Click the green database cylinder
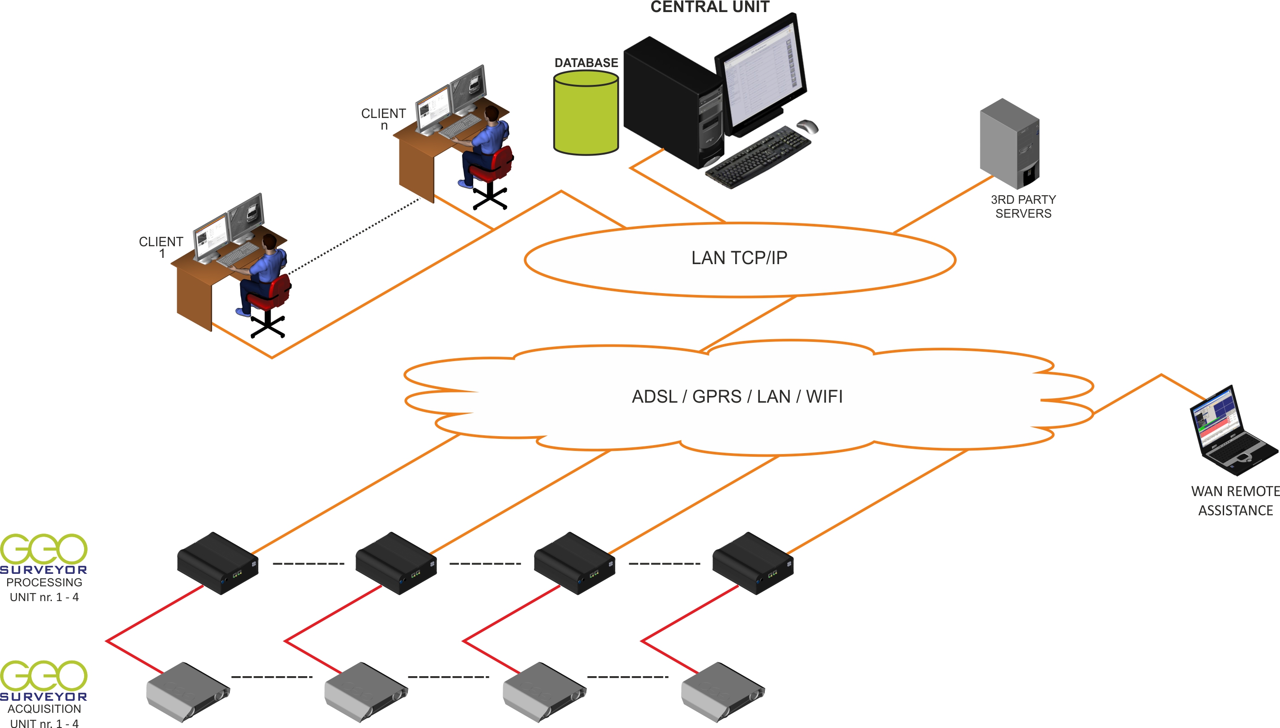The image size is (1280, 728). pos(586,113)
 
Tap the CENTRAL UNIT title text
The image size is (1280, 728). pos(710,7)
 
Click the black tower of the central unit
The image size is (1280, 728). pos(674,102)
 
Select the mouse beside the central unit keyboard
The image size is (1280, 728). pos(807,126)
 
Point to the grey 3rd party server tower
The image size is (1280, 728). pos(1009,143)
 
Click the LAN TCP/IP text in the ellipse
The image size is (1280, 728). pos(739,258)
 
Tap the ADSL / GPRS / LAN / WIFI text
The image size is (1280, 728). pos(737,396)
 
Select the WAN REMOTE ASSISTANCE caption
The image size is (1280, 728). pos(1235,501)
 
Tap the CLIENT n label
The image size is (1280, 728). pos(383,119)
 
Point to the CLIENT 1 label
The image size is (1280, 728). pos(161,248)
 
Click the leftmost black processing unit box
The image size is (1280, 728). pos(218,563)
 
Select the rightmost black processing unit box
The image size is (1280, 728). pos(753,563)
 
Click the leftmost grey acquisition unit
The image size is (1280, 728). pos(188,692)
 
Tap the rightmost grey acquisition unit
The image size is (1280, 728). pos(723,692)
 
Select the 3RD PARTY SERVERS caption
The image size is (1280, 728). pos(1023,206)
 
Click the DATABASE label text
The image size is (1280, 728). pos(586,63)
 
